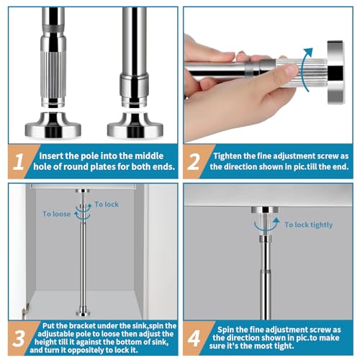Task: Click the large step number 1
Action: coord(18,161)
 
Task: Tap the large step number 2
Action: coord(194,161)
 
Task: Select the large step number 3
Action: coord(18,338)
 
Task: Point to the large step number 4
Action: coord(194,338)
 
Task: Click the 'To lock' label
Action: coord(107,204)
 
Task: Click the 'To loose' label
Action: coord(56,214)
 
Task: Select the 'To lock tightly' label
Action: coord(309,225)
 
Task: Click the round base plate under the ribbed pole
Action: coord(53,125)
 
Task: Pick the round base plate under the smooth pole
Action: coord(135,125)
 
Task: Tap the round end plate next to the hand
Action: coord(336,72)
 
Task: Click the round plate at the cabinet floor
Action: coord(83,313)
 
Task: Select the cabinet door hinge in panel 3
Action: coord(26,310)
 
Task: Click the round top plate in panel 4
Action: coord(265,210)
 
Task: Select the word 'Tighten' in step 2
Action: coord(228,156)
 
